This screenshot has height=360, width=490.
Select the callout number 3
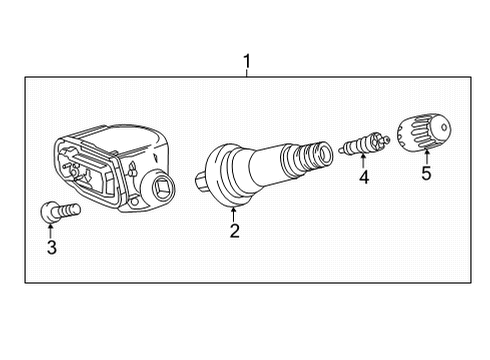click(52, 247)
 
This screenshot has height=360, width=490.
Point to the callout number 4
click(364, 179)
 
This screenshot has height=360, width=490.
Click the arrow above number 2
click(233, 212)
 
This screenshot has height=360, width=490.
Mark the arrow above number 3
click(52, 229)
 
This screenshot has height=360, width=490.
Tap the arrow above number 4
click(364, 162)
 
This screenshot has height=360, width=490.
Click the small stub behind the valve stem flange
click(203, 183)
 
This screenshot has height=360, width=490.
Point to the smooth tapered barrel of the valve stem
click(270, 165)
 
